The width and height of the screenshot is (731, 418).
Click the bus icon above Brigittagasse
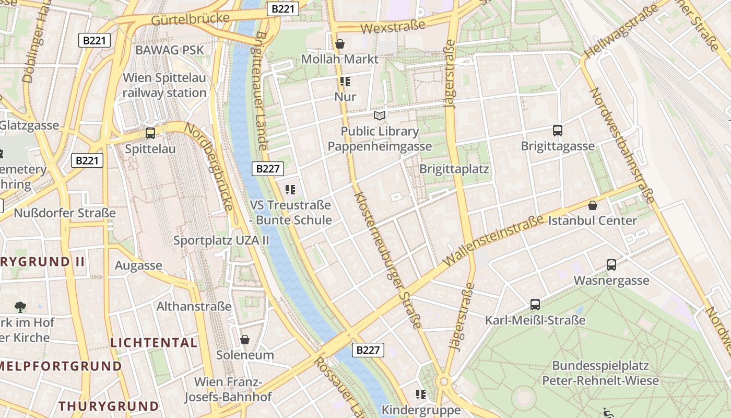click(557, 131)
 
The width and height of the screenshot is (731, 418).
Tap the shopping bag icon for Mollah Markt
click(340, 44)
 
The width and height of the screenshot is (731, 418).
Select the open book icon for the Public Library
click(380, 115)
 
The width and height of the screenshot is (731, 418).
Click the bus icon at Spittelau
click(150, 133)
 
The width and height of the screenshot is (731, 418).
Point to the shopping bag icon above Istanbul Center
click(592, 205)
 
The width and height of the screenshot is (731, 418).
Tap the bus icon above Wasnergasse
click(611, 265)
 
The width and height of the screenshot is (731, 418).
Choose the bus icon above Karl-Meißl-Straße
click(535, 305)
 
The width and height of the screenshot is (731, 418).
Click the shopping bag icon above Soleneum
click(244, 340)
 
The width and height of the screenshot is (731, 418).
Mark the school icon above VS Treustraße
click(290, 190)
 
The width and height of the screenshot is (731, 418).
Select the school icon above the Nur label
click(345, 82)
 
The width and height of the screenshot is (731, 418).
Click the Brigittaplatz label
click(454, 169)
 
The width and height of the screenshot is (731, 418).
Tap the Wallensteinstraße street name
click(493, 240)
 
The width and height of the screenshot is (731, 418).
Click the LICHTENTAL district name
click(154, 343)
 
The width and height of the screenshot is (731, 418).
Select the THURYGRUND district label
click(109, 406)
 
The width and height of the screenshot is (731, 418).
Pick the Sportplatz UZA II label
click(221, 240)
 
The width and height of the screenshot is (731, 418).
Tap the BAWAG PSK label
click(170, 50)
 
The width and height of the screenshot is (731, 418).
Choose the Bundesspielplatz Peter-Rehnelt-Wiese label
click(600, 373)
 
